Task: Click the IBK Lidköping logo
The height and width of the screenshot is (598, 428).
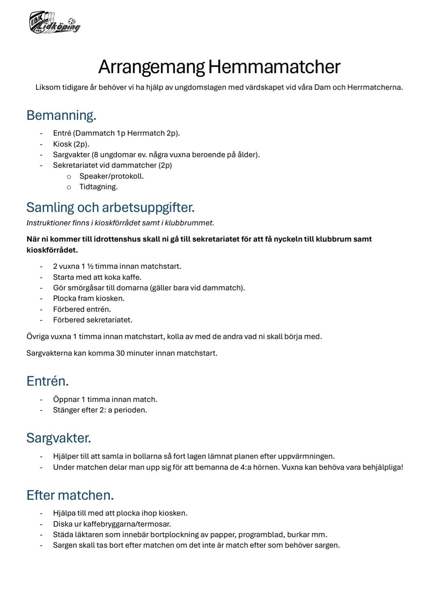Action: pos(54,23)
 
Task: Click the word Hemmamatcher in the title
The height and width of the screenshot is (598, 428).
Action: pos(274,67)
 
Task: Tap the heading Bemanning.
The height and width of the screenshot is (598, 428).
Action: pos(61,115)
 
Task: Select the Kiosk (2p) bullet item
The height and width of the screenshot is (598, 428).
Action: pos(71,144)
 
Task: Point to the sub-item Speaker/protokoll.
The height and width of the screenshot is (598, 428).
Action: pos(111,176)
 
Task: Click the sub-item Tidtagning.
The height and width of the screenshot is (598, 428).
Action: pos(98,187)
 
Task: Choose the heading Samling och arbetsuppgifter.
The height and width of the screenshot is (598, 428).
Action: pos(110,207)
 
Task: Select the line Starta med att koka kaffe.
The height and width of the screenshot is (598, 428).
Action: pos(97,277)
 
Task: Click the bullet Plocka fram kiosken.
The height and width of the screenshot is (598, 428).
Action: pos(89,298)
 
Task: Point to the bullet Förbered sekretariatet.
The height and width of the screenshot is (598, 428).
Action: pos(93,320)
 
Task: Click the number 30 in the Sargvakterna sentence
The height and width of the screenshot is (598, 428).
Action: pos(121,353)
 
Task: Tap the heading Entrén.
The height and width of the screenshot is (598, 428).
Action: pos(48,381)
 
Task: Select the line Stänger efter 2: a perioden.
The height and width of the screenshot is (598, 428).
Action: pos(100,410)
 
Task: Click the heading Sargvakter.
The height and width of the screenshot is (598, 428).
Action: pos(59,438)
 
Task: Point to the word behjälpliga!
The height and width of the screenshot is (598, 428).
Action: pos(382,467)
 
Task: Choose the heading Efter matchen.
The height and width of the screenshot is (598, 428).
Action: pos(70,495)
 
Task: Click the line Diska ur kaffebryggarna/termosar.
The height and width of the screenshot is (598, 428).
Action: pos(112,524)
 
